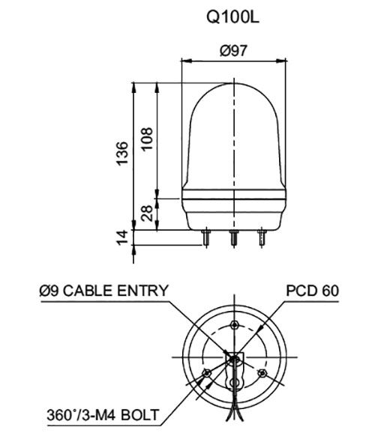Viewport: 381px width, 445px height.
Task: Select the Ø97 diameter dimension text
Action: [x=235, y=51]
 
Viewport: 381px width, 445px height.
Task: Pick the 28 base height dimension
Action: [x=147, y=214]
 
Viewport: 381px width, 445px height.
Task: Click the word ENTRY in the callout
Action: [x=142, y=291]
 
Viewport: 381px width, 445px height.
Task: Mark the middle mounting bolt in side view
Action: [x=235, y=239]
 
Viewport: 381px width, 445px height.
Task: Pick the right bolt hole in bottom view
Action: [x=262, y=372]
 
